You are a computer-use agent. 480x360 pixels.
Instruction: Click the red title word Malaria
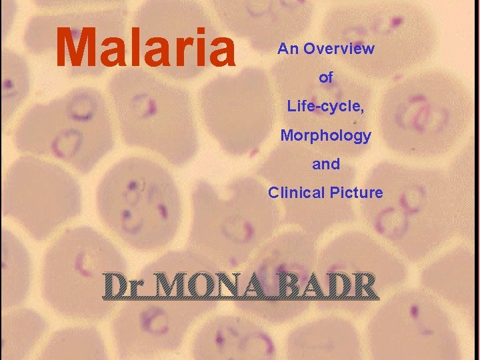pyautogui.click(x=147, y=48)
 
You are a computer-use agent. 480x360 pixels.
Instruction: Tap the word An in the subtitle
pyautogui.click(x=287, y=49)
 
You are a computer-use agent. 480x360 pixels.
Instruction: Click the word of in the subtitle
pyautogui.click(x=326, y=78)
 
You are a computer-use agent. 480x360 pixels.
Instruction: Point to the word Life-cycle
pyautogui.click(x=325, y=106)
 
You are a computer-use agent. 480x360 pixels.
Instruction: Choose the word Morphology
pyautogui.click(x=325, y=135)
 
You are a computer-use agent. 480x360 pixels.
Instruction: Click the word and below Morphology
pyautogui.click(x=325, y=164)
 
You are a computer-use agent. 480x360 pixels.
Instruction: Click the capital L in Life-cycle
pyautogui.click(x=291, y=106)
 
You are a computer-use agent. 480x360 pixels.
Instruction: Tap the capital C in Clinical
pyautogui.click(x=273, y=193)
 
